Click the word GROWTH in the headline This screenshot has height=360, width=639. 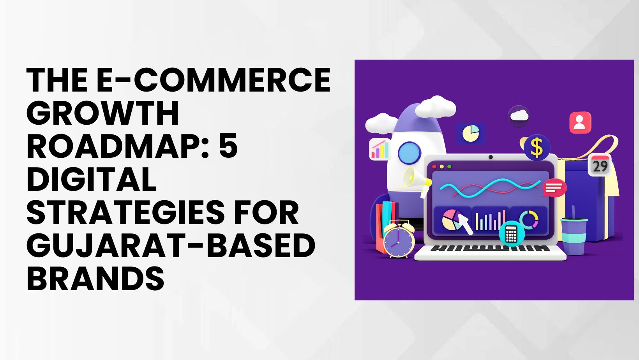[x=103, y=113]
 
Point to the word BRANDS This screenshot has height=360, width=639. [x=95, y=279]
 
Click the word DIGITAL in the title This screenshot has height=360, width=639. [x=91, y=179]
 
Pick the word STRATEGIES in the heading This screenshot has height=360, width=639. [x=125, y=212]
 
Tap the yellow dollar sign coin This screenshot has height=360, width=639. [x=537, y=148]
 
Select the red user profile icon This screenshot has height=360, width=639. [x=580, y=123]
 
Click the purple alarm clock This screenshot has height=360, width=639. [x=399, y=239]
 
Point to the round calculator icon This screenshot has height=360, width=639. [x=511, y=234]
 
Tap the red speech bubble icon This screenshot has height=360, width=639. [x=554, y=188]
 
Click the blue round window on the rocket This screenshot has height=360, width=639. [x=410, y=153]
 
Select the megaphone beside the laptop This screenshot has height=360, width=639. [x=417, y=181]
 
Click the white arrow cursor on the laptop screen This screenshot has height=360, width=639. [x=465, y=224]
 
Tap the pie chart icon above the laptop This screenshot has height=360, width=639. [x=471, y=133]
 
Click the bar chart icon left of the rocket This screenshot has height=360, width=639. [x=380, y=149]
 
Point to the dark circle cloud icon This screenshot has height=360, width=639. [x=519, y=116]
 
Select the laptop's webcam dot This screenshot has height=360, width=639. [x=491, y=157]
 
